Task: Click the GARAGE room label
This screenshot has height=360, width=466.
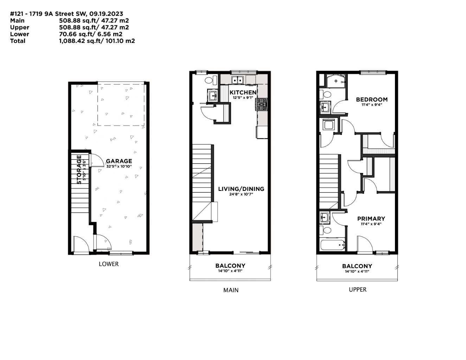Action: tap(119, 161)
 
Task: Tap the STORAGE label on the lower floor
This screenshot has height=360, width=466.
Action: tap(79, 169)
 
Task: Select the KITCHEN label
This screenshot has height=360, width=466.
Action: tap(243, 92)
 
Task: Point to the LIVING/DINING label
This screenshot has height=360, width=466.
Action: tap(241, 189)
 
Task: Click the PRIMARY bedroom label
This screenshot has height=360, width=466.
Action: tap(371, 218)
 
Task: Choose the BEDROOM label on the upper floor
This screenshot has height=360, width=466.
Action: tap(371, 99)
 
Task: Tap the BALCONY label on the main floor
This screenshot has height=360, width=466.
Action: tap(230, 266)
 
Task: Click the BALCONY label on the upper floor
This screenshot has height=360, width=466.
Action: tap(357, 266)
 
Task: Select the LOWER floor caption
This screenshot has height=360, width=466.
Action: tap(109, 264)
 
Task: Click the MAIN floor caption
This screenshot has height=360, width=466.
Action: tap(231, 290)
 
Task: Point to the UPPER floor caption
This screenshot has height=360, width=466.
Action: tap(358, 289)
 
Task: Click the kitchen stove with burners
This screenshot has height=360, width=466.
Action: tap(261, 104)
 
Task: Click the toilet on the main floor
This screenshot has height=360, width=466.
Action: tap(209, 80)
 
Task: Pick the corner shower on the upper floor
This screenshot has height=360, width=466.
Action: tap(336, 81)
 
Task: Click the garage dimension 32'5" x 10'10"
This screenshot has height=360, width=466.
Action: tap(119, 166)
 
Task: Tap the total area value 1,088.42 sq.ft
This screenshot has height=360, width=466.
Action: tap(81, 41)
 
